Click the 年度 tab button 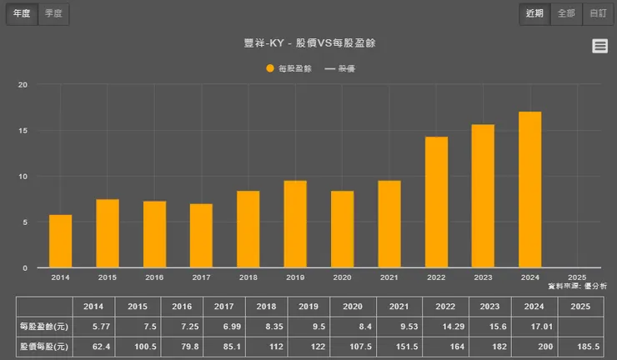pos(22,13)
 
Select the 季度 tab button pos(53,13)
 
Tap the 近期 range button pos(534,13)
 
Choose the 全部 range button pos(565,13)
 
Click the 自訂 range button pos(597,13)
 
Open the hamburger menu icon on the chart pos(599,47)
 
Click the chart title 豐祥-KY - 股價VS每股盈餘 pos(309,42)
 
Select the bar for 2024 pos(529,190)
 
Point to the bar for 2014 pos(60,241)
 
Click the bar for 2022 pos(436,202)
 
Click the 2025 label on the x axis pos(576,277)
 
